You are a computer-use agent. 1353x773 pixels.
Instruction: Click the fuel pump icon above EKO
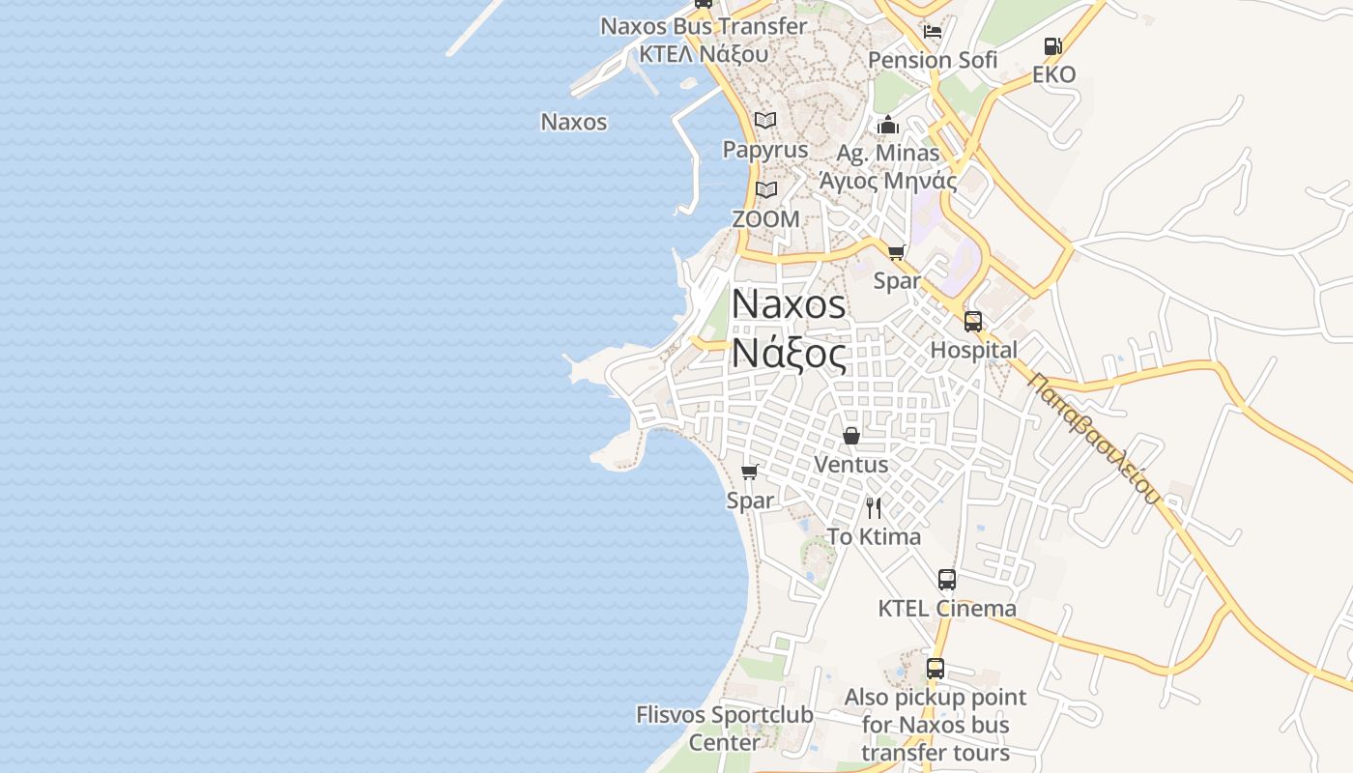[1052, 45]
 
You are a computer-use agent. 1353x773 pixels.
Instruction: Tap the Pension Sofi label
[933, 60]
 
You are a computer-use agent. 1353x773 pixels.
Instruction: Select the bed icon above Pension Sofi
[933, 31]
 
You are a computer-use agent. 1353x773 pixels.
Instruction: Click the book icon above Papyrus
[765, 121]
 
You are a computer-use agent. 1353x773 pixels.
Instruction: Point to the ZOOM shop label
[765, 219]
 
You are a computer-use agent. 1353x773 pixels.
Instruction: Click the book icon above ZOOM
[766, 190]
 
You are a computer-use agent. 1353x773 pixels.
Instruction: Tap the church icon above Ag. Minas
[888, 125]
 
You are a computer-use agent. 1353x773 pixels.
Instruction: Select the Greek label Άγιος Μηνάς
[888, 181]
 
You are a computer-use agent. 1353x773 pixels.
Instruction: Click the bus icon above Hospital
[973, 322]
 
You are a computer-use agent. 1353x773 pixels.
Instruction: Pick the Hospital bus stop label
[973, 350]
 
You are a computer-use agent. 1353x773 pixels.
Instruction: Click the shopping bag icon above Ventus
[851, 436]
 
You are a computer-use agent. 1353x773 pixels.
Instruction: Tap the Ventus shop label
[850, 465]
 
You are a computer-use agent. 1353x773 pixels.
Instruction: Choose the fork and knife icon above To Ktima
[874, 508]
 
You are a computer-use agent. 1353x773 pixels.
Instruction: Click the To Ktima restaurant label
[874, 536]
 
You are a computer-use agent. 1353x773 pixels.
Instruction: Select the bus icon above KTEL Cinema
[947, 580]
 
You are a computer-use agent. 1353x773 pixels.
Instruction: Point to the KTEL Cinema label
[947, 609]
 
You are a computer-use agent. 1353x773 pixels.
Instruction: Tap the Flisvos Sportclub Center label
[725, 729]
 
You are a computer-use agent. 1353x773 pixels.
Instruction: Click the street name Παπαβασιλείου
[1093, 438]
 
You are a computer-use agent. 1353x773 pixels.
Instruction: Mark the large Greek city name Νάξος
[789, 353]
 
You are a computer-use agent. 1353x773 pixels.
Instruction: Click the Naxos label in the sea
[574, 122]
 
